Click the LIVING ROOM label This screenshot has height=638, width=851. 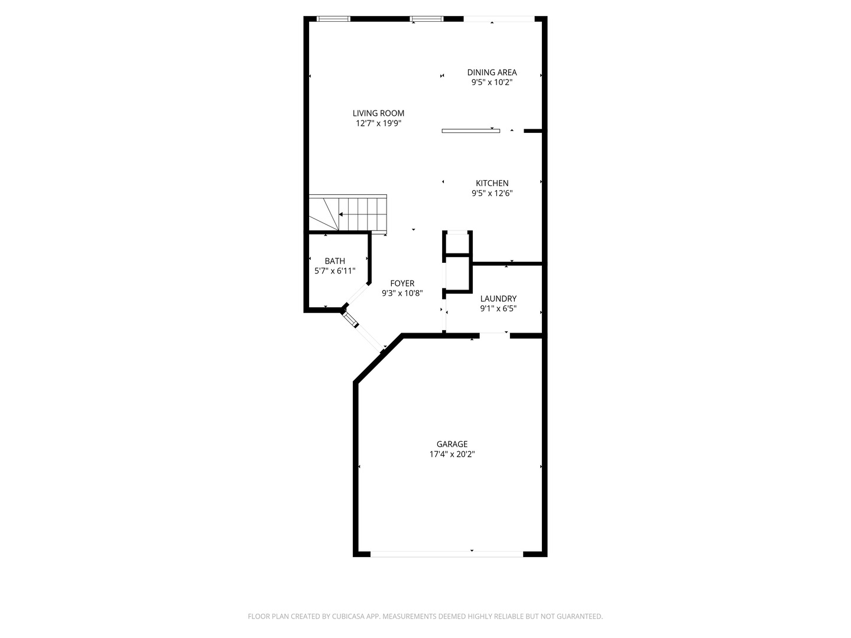[378, 113]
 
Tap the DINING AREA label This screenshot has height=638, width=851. [492, 73]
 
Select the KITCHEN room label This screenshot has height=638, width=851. [492, 183]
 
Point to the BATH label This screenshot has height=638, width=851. [334, 261]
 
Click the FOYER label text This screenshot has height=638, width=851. [402, 284]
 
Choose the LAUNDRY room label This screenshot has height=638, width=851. [498, 299]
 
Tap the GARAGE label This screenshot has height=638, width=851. [452, 444]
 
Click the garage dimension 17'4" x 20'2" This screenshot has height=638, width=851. [452, 454]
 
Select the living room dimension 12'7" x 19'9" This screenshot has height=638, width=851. [378, 123]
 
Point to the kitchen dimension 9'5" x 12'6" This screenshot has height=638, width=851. [492, 193]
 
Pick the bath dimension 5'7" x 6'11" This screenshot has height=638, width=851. [334, 271]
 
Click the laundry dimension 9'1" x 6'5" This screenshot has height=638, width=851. [498, 308]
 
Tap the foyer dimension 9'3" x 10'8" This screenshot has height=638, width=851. [402, 293]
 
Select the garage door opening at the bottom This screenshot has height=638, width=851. [446, 554]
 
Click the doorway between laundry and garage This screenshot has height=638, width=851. [494, 336]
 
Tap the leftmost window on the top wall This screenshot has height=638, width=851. [334, 19]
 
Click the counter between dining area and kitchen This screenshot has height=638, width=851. [470, 131]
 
